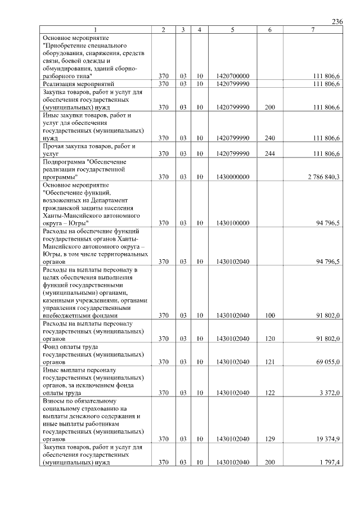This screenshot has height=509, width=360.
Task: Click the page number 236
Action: click(337, 21)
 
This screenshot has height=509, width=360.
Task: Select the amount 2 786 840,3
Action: click(323, 177)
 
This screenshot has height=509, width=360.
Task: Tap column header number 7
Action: click(313, 29)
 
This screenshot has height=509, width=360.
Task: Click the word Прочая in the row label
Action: click(56, 146)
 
